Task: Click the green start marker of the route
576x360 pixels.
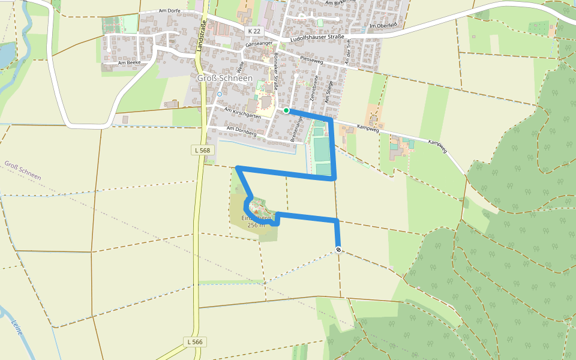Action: tap(287, 110)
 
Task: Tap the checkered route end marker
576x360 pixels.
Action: tap(338, 250)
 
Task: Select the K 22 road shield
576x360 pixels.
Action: tap(254, 30)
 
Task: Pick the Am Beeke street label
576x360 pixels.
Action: tap(128, 62)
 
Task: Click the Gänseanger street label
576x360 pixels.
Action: tap(259, 44)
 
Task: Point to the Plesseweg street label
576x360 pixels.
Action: tap(311, 60)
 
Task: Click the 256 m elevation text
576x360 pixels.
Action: tap(256, 225)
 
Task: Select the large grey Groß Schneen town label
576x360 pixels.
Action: tap(225, 78)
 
